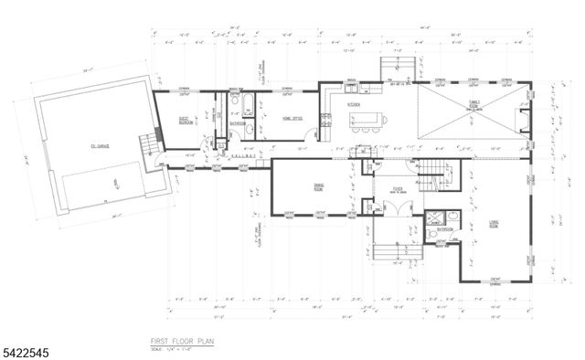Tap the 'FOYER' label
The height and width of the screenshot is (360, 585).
click(399, 192)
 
